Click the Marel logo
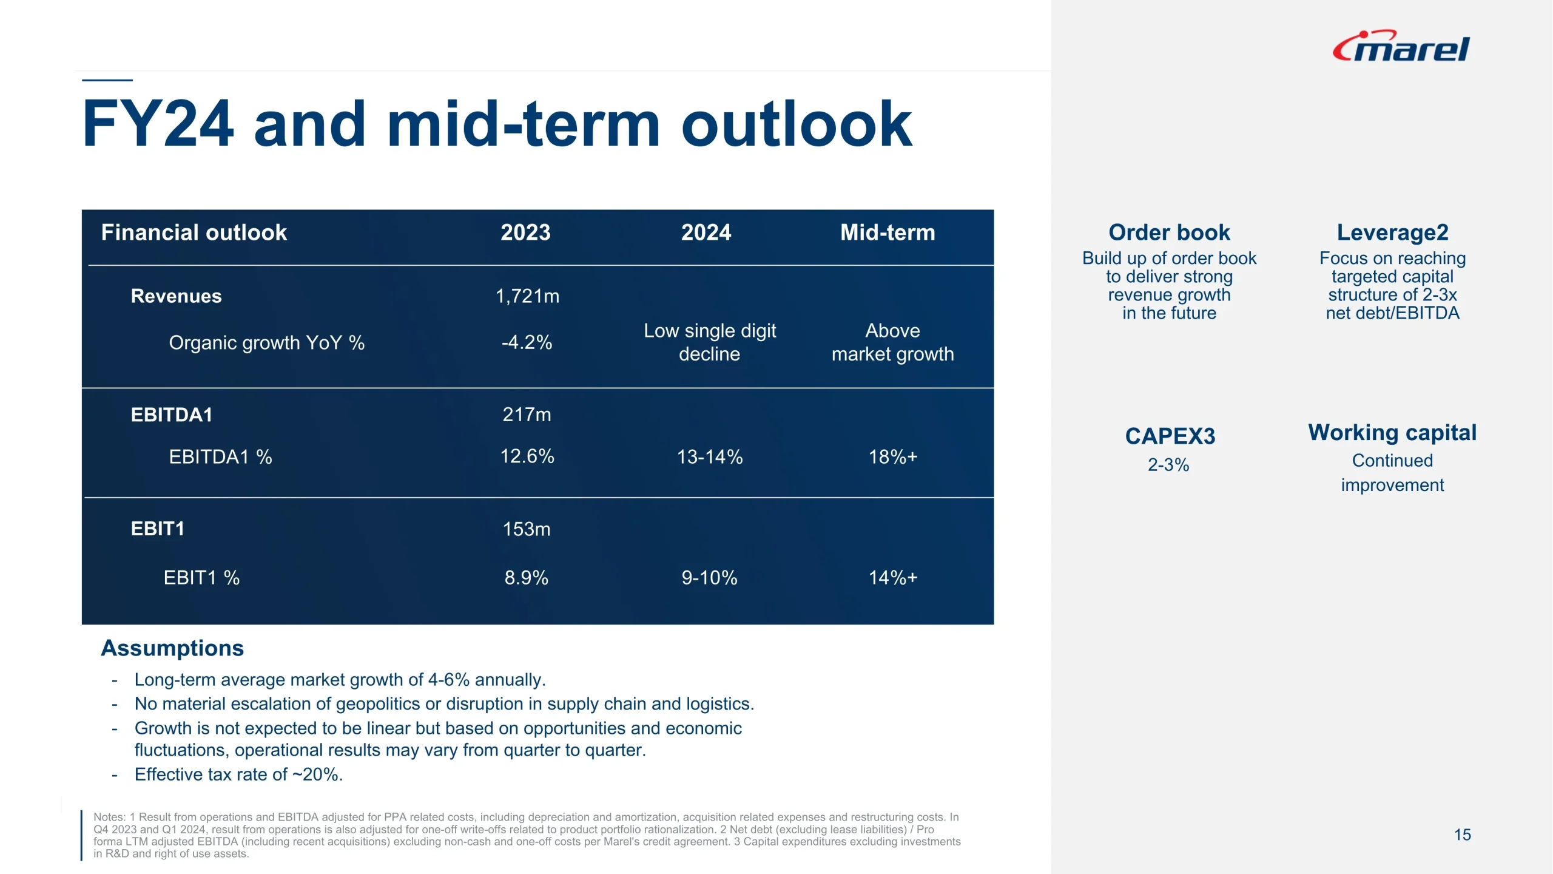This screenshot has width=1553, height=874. click(1401, 47)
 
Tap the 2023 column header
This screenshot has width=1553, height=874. click(525, 232)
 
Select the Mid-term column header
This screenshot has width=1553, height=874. click(888, 232)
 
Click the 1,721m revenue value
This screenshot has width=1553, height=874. click(527, 296)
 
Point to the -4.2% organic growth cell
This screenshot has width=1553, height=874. click(527, 342)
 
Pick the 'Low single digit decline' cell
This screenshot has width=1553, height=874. click(710, 342)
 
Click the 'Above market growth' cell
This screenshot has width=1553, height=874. click(892, 342)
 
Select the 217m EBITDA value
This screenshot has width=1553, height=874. click(527, 415)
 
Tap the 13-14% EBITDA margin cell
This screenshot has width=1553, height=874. click(710, 456)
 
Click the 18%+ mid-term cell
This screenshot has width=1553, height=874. click(893, 456)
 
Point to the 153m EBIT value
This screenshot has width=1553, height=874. click(527, 529)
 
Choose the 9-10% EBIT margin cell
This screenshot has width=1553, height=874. click(709, 577)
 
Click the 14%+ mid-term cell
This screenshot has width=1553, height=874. click(893, 577)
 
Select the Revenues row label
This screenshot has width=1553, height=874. click(177, 296)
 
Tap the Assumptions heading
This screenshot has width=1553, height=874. click(172, 648)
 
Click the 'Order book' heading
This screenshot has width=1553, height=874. click(1169, 232)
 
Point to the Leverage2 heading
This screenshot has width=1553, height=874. click(1392, 232)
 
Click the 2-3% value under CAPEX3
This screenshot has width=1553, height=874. click(1168, 465)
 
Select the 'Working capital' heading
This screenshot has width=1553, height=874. click(1392, 433)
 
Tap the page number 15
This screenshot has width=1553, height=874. click(1462, 835)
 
